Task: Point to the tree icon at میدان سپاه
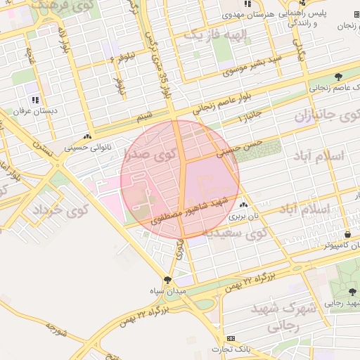point(167,280)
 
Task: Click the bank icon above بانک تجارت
point(231,339)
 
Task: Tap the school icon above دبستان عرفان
point(35,100)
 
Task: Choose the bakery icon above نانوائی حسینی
point(87,138)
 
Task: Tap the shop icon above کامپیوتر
point(347,234)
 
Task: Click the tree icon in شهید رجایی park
point(352,292)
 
